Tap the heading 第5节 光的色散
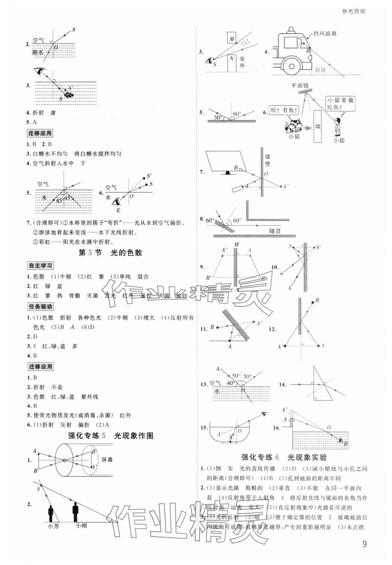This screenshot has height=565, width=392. click(110, 253)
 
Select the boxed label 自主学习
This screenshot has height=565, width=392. click(40, 266)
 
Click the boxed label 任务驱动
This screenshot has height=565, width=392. click(40, 306)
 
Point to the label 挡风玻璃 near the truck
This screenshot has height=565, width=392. click(325, 34)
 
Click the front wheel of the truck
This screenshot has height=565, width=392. click(292, 66)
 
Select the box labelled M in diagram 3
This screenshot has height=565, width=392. click(232, 39)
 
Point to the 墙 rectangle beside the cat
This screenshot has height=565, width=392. click(317, 126)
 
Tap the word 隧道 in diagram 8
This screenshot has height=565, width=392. click(275, 231)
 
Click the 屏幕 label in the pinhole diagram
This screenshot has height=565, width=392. click(107, 460)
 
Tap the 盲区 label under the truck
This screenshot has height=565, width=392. click(320, 70)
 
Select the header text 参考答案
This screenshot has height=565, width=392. click(353, 12)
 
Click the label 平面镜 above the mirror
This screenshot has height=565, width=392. click(300, 85)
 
